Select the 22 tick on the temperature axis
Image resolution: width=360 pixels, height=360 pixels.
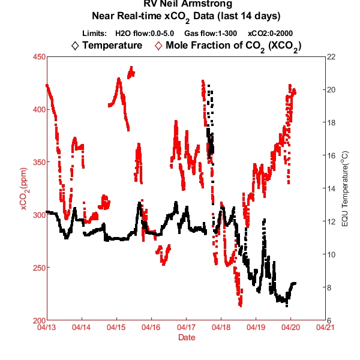(331, 57)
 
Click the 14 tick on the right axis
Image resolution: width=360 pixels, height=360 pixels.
(331, 188)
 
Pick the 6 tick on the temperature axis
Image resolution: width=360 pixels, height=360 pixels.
(331, 320)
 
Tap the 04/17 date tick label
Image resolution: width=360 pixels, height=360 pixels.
(185, 328)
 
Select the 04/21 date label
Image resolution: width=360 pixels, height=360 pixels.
(325, 328)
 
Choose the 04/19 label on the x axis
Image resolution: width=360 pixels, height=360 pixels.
(255, 328)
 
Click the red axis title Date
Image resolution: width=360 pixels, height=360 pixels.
(186, 338)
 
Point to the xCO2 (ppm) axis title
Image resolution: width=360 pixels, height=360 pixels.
(24, 188)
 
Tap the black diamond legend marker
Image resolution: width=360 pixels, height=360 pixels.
(74, 45)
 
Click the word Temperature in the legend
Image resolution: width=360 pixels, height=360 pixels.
(113, 45)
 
